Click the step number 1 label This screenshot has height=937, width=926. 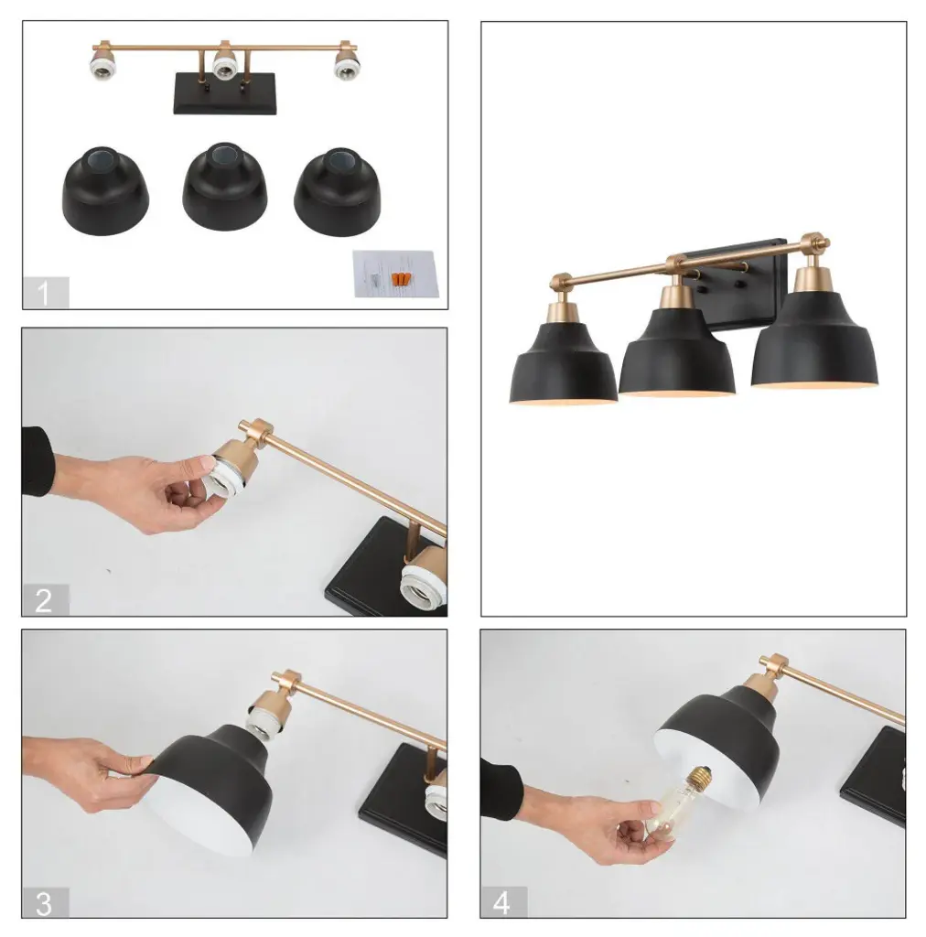pos(44,294)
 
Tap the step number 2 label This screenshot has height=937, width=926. pos(44,600)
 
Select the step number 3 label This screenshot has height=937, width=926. pos(44,903)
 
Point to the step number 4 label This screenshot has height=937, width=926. pos(501,903)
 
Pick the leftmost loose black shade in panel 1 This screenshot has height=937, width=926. pos(105,190)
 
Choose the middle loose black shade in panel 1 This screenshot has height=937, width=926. pos(224,187)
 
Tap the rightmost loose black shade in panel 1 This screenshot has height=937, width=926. pos(337,192)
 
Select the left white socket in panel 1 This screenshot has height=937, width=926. pos(104,65)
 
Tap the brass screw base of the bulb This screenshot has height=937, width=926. pos(694,778)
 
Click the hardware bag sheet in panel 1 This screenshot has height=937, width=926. pos(395,274)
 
